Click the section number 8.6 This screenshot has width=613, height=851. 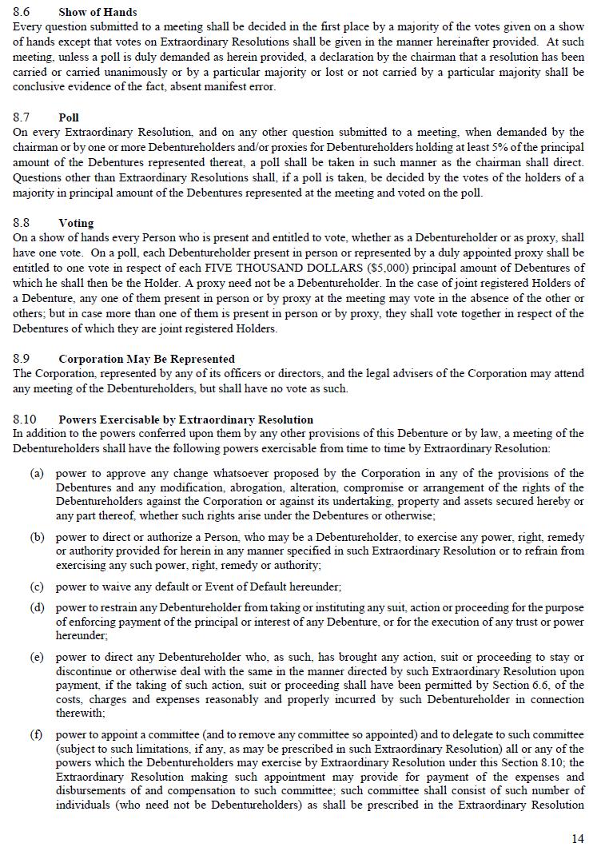coord(22,12)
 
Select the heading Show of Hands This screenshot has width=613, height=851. coord(98,12)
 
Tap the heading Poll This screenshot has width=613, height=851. coord(69,117)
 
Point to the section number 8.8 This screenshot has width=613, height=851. coord(22,223)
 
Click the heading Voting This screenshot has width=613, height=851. coord(76,223)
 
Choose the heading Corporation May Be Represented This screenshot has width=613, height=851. coord(146,359)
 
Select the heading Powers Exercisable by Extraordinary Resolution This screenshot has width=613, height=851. coord(185,419)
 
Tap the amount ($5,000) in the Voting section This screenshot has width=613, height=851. coord(407,268)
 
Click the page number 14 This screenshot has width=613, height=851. coord(578,838)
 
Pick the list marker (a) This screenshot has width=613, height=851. coord(37,474)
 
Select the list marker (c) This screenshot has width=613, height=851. coord(37,587)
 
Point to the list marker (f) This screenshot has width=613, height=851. coord(37,734)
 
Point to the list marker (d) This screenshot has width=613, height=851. coord(37,608)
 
